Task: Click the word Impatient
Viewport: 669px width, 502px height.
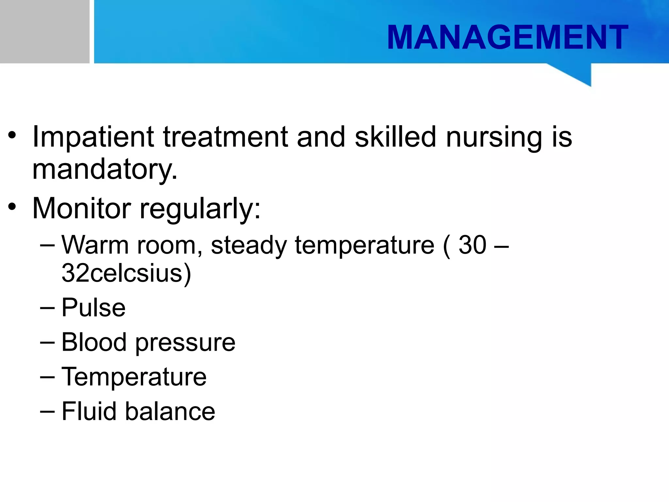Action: coord(93,137)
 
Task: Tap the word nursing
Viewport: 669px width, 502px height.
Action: coord(494,137)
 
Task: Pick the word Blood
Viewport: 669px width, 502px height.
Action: coord(94,342)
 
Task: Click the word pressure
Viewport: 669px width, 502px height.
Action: coord(185,343)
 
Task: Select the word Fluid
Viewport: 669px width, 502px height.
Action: coord(89,411)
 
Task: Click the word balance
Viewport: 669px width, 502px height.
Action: coord(170,411)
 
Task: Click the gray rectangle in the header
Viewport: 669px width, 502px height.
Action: coord(44,31)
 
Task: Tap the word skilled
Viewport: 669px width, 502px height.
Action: coord(395,137)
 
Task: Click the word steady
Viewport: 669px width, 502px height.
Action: coord(249,245)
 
